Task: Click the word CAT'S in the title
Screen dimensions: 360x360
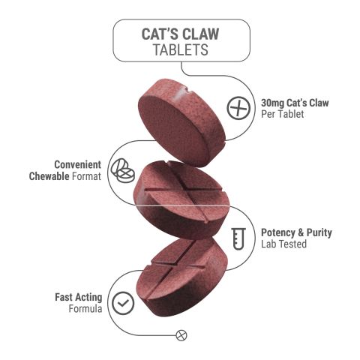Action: click(158, 34)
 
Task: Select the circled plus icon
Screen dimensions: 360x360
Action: click(238, 107)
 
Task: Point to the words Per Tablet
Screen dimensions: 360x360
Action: click(282, 114)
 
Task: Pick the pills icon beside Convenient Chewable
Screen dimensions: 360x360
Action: click(121, 169)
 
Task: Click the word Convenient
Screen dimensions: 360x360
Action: click(77, 164)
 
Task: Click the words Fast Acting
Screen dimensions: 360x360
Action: click(78, 295)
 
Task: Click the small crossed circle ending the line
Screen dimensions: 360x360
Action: click(180, 334)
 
